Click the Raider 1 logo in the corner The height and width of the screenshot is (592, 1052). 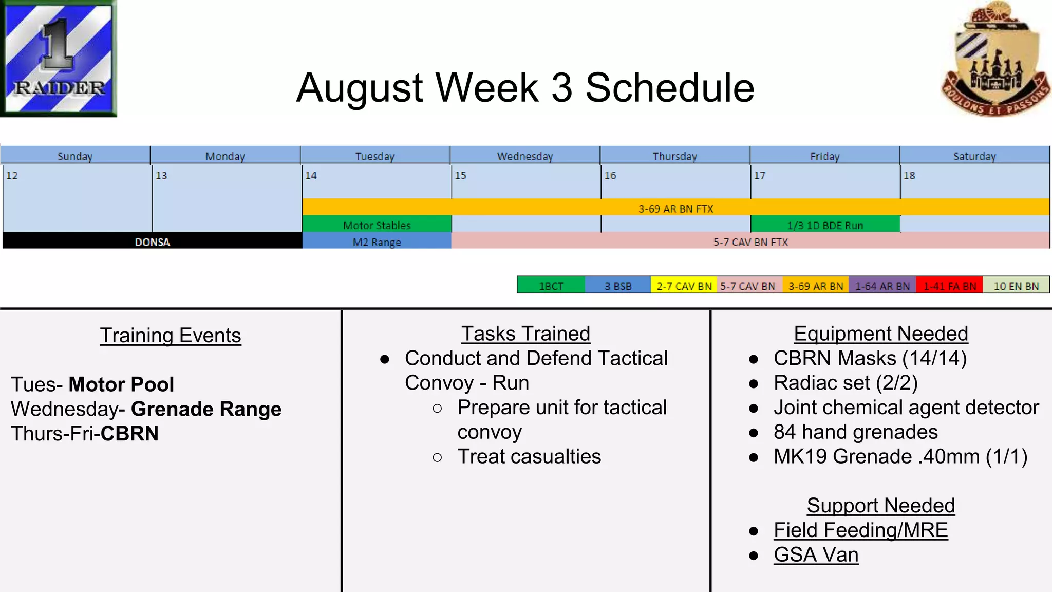58,58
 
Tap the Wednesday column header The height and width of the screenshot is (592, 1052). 525,156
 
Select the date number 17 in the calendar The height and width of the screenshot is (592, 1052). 759,176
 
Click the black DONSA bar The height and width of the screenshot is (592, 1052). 152,242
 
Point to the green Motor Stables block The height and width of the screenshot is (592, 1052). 377,225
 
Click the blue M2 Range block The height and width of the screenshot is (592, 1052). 377,242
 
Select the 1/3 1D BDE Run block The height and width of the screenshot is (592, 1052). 825,225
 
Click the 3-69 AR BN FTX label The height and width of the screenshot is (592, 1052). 675,209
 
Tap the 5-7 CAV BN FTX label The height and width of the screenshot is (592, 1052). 750,242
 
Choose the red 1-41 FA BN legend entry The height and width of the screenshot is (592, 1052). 949,286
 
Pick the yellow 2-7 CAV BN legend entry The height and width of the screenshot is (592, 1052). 684,286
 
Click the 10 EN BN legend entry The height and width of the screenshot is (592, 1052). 1016,286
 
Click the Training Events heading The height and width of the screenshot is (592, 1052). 171,336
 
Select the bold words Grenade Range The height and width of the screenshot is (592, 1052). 206,409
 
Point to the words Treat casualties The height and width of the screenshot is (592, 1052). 529,456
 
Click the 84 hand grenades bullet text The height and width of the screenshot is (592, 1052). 855,432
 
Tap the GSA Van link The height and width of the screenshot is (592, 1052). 816,555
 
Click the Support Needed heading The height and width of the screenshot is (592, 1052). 880,506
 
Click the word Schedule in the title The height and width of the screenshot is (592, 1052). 669,88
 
